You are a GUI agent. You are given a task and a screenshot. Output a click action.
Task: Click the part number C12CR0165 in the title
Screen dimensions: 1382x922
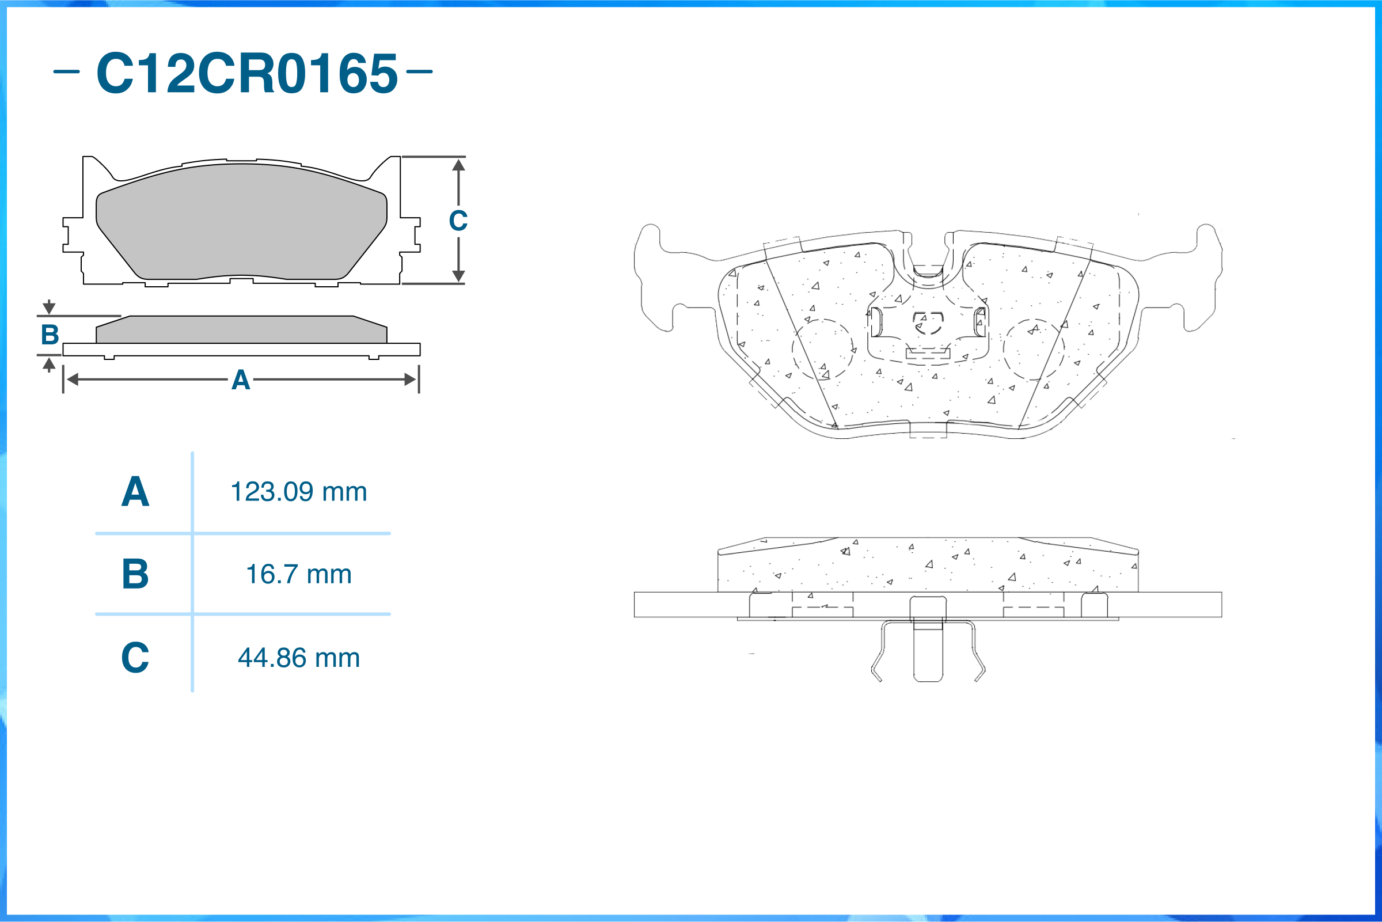[x=247, y=73]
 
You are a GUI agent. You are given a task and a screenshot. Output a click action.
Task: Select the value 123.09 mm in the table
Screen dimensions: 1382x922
[x=299, y=492]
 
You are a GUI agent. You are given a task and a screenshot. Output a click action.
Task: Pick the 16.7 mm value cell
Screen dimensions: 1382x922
[x=299, y=574]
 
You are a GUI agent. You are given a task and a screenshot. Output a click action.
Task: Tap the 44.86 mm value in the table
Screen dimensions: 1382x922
[x=299, y=658]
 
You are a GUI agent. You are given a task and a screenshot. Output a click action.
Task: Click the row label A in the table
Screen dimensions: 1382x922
[x=135, y=492]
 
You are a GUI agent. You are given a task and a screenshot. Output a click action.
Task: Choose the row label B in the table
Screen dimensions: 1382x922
[x=135, y=574]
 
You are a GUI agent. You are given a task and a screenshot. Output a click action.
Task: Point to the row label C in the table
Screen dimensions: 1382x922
[x=135, y=658]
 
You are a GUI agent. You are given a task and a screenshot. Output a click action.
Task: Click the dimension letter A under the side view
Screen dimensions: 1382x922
[x=241, y=380]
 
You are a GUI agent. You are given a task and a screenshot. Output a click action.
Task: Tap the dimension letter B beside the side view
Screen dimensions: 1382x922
[x=50, y=335]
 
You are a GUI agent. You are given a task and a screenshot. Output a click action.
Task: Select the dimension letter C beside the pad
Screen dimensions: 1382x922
[x=458, y=221]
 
